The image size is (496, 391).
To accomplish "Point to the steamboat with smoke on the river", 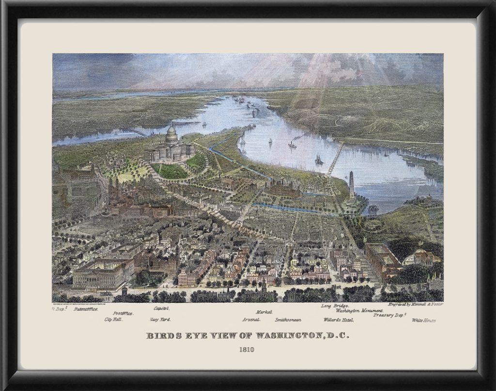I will [293, 144].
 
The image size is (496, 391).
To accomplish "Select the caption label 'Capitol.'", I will [161, 308].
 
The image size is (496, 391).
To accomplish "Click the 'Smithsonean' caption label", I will [289, 320].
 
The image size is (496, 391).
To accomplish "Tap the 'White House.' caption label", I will [424, 320].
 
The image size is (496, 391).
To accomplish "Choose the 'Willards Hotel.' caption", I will [339, 320].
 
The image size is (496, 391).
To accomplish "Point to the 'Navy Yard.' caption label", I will [160, 320].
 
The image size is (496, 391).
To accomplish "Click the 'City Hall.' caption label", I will [113, 320].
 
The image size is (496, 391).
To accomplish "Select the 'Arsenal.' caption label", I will [252, 320].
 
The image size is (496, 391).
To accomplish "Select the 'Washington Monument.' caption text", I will [357, 311].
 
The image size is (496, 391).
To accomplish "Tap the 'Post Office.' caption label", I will [124, 313].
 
